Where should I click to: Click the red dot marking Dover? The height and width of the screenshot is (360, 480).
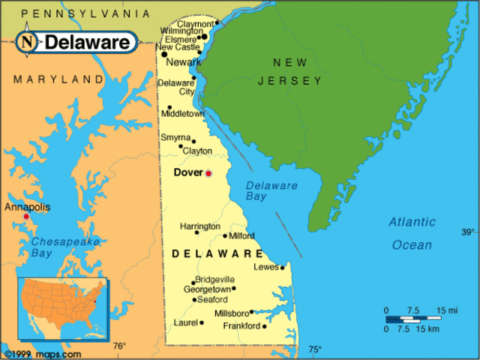(208, 173)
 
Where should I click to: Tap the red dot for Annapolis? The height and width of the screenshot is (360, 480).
(26, 216)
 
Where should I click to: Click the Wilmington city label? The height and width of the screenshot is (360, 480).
(181, 31)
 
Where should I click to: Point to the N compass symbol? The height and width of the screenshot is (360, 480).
(28, 42)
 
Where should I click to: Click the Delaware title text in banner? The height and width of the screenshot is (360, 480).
(88, 43)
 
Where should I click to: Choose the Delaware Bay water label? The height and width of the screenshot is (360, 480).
(271, 191)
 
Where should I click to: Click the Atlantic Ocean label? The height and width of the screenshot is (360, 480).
(412, 233)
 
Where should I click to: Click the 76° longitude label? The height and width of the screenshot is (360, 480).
(119, 346)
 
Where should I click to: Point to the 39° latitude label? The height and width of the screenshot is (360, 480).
(468, 232)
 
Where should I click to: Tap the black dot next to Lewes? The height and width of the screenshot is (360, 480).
(282, 267)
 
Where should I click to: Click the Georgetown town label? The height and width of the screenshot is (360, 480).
(206, 289)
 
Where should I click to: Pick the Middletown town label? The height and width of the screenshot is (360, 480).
(182, 114)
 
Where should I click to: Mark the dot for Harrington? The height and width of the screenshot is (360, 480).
(197, 232)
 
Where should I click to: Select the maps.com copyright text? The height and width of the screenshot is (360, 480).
(42, 353)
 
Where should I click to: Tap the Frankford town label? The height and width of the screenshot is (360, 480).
(241, 326)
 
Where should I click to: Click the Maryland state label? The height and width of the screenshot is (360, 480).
(58, 79)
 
